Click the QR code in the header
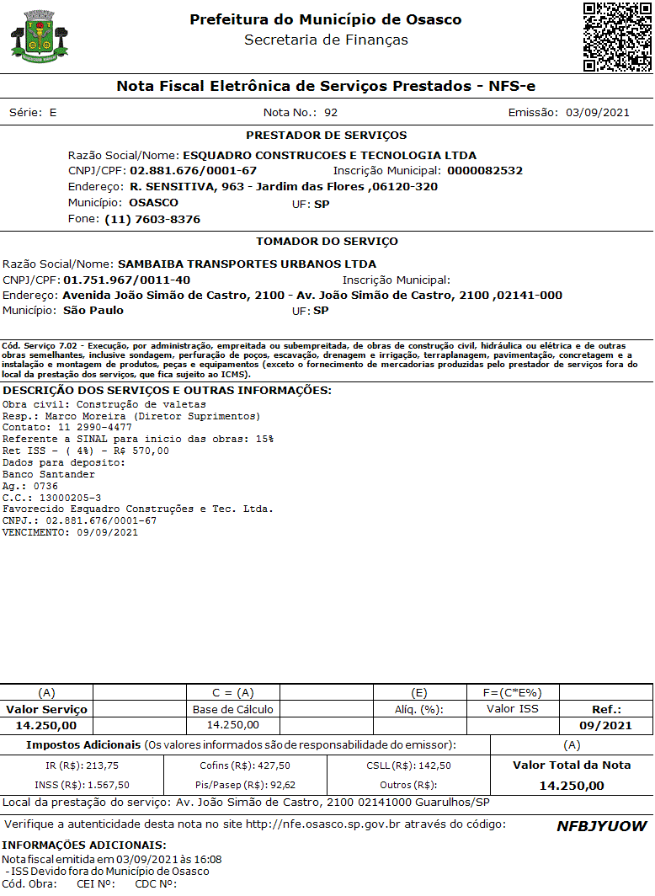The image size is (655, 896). coord(617,37)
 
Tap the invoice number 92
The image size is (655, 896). coord(331,112)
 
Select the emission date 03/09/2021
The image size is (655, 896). coord(598,112)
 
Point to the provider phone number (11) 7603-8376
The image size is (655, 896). coord(152,219)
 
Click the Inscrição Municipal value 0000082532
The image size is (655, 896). coord(485,170)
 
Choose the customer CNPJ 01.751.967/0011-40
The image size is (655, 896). coord(127,280)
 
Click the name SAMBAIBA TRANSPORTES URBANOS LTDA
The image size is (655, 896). coord(248,264)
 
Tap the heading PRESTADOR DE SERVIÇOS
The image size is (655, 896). coord(327,135)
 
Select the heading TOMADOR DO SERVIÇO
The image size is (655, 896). coord(327,241)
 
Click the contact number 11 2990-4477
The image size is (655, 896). coord(89,427)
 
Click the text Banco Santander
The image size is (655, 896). coord(49,474)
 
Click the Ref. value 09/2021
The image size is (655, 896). coord(606,725)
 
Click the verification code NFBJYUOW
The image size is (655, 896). coord(601,826)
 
